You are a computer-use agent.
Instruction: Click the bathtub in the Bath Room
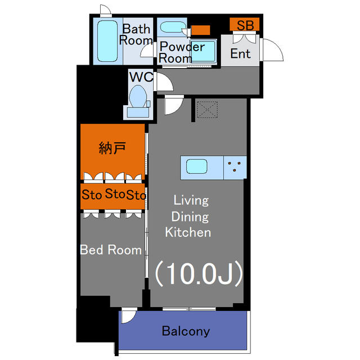[107, 41]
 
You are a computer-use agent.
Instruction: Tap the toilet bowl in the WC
[138, 97]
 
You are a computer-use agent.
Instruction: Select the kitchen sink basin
[197, 166]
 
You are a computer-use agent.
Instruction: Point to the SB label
[245, 25]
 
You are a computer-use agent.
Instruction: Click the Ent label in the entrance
[240, 53]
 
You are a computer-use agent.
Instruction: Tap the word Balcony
[186, 331]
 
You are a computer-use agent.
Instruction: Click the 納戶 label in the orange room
[112, 148]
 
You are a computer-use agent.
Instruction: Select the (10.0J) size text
[199, 274]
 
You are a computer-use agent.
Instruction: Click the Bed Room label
[111, 250]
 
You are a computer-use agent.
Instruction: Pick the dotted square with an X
[208, 110]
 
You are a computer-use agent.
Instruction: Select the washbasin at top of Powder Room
[173, 27]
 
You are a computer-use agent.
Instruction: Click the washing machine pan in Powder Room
[203, 52]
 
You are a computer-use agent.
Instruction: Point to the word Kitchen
[188, 232]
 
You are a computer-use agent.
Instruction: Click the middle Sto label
[115, 193]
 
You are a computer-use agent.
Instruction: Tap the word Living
[191, 201]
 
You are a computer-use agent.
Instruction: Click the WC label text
[141, 77]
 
